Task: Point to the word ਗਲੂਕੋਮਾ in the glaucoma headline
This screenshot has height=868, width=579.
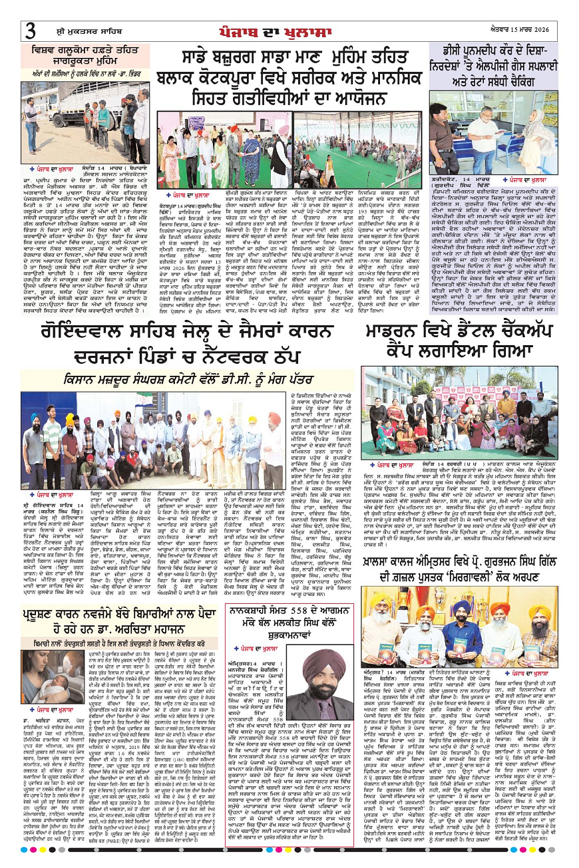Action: pyautogui.click(x=67, y=49)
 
